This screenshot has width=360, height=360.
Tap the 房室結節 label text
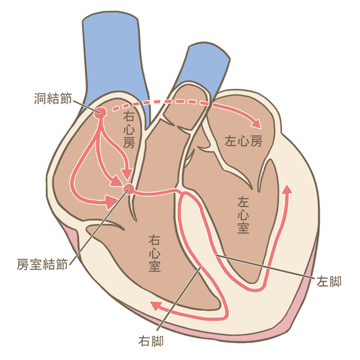click(42, 264)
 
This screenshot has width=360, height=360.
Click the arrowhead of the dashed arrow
click(258, 123)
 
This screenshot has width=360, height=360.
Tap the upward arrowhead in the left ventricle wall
click(287, 189)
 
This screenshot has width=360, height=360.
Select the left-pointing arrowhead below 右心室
click(154, 306)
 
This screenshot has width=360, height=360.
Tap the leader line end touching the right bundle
click(201, 267)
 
